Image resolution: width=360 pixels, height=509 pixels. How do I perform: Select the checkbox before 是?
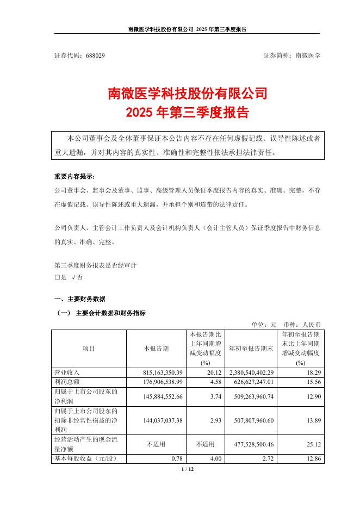pyautogui.click(x=57, y=277)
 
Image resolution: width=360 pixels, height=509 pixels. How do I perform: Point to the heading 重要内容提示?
pyautogui.click(x=74, y=177)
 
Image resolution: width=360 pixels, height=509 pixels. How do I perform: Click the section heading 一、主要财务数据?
pyautogui.click(x=80, y=299)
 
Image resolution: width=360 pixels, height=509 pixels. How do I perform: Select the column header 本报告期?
pyautogui.click(x=156, y=349)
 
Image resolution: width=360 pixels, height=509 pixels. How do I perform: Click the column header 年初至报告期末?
pyautogui.click(x=251, y=349)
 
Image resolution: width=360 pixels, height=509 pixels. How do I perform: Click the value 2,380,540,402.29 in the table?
pyautogui.click(x=247, y=373)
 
